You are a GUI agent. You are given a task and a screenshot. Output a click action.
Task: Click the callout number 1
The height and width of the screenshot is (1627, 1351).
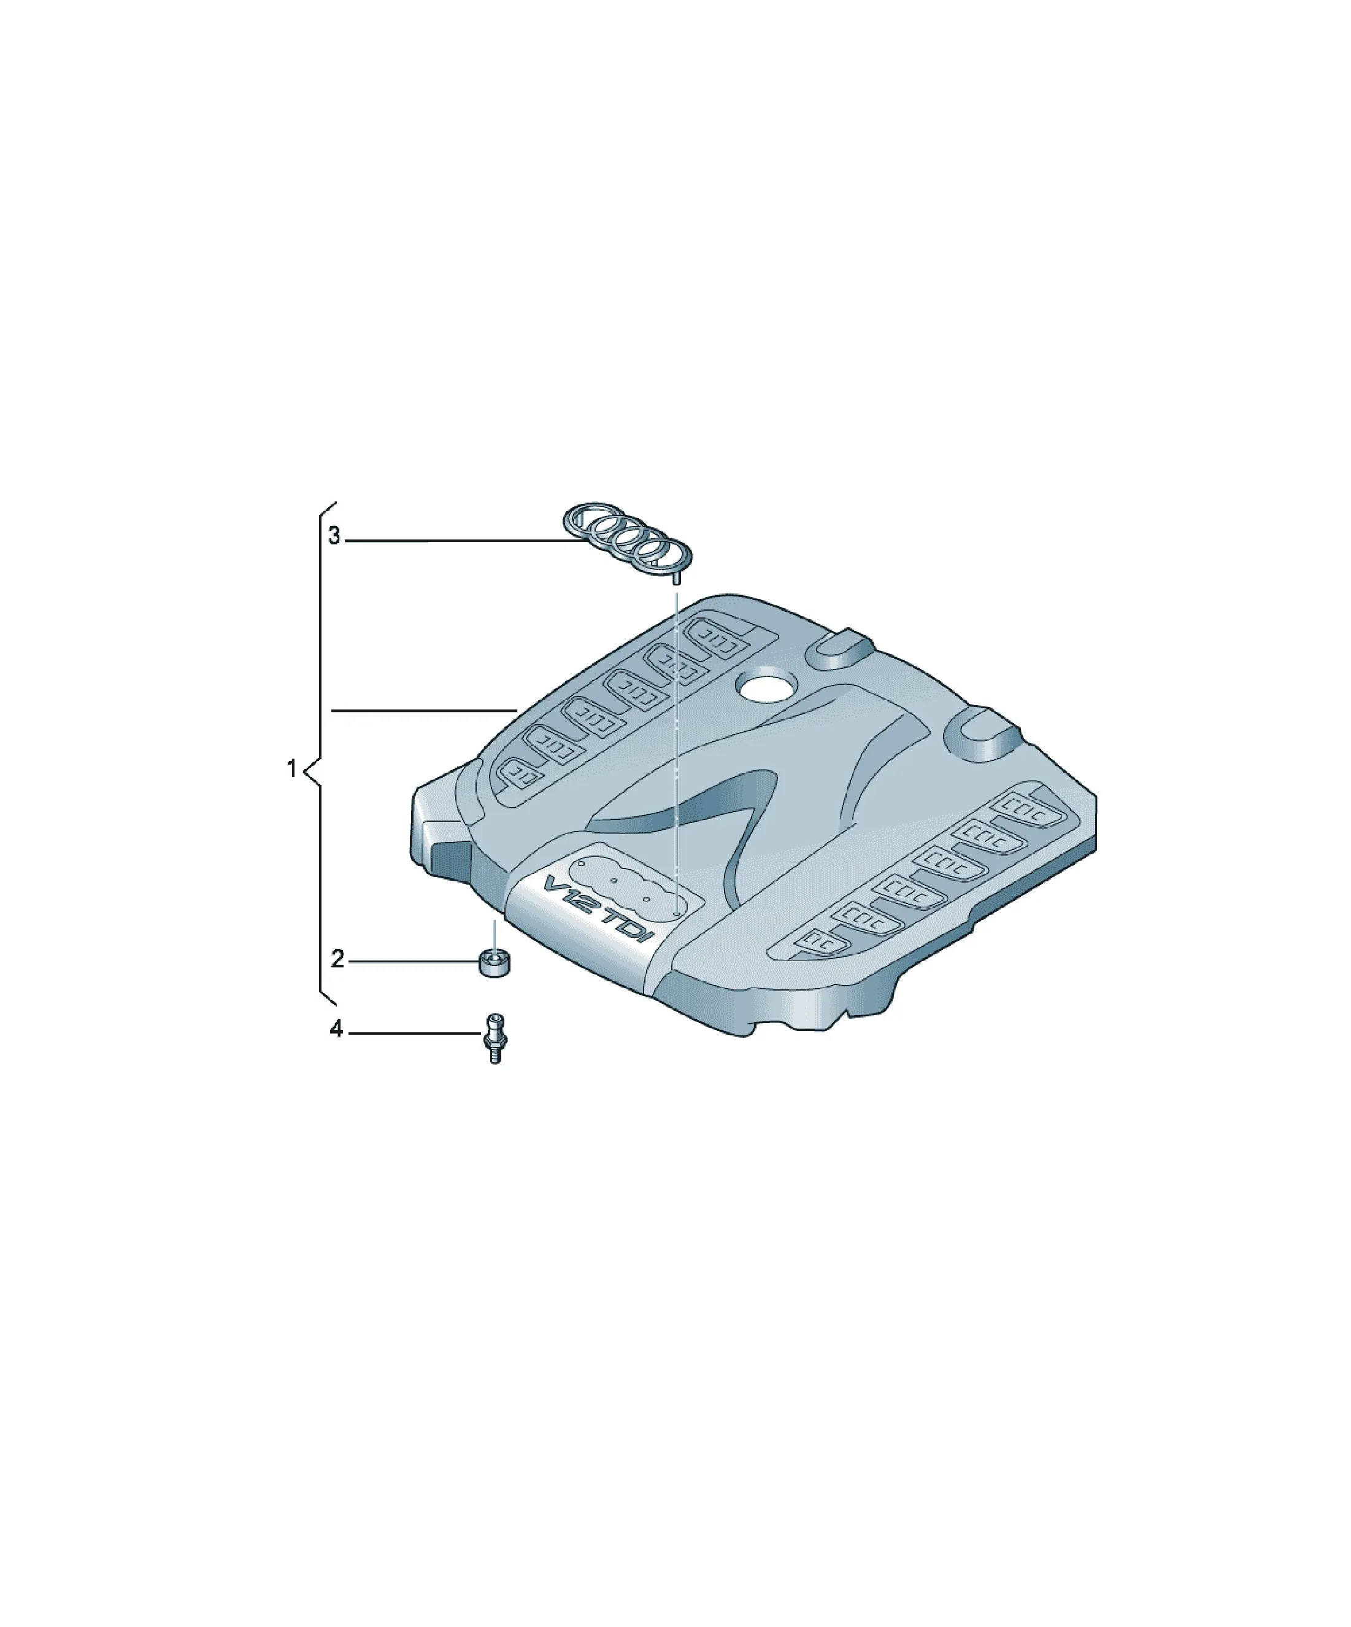[x=292, y=770]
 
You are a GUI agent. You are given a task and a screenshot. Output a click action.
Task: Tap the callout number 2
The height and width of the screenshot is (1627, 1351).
[x=337, y=959]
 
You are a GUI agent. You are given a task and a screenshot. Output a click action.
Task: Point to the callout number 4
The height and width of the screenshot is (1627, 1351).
[x=336, y=1029]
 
